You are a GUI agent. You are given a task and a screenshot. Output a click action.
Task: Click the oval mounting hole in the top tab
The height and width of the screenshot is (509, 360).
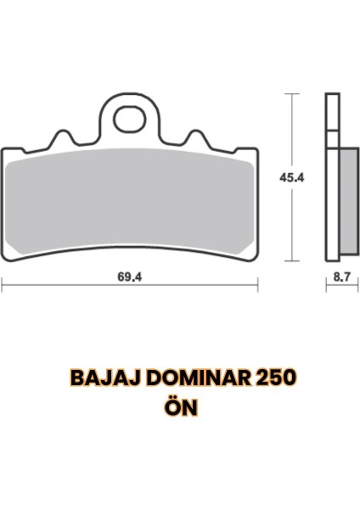tap(129, 119)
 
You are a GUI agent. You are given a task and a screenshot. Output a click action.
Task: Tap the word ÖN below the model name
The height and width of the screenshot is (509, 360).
tap(180, 407)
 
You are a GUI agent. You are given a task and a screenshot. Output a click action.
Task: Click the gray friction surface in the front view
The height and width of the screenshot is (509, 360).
tap(129, 204)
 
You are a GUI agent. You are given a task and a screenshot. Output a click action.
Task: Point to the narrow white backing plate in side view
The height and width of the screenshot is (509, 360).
tap(331, 178)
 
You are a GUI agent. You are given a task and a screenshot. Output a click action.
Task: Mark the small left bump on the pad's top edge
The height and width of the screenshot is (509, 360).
tap(61, 134)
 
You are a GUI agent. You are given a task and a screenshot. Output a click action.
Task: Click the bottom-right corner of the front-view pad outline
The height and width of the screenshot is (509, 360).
tap(254, 260)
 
